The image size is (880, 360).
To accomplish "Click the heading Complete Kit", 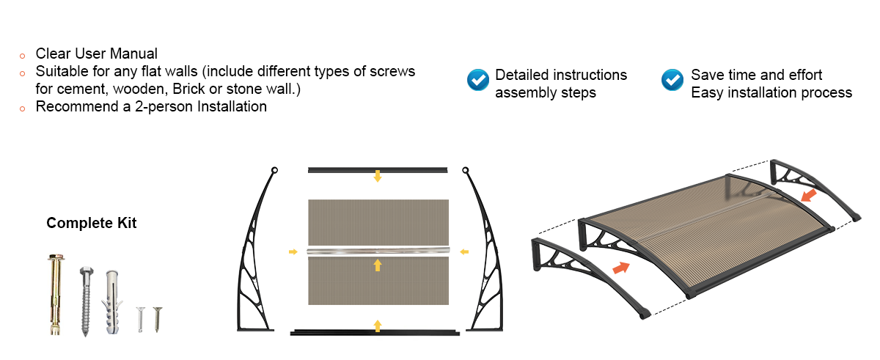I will (92, 223).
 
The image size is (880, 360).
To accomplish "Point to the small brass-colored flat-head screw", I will (156, 318).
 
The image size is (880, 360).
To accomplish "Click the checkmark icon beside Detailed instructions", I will (478, 79).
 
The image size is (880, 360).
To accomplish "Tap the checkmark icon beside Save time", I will (672, 79).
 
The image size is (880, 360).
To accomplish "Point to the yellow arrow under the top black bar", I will (378, 176).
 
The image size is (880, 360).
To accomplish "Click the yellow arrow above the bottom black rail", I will (378, 325).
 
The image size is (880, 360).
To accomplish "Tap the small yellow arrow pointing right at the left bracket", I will (293, 251).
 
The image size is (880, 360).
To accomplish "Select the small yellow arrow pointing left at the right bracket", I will (463, 251).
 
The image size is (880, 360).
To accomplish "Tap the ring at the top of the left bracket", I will (274, 171).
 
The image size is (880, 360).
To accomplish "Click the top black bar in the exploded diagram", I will (378, 169).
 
